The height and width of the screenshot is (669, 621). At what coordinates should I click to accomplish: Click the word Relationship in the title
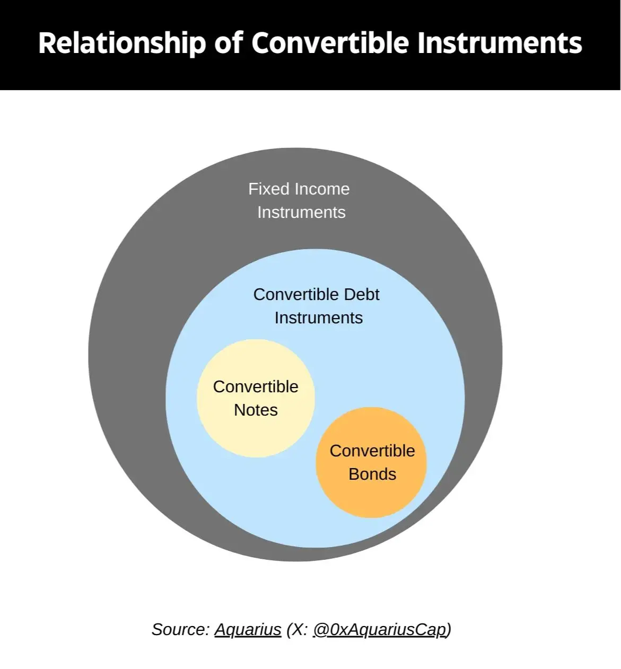pos(122,43)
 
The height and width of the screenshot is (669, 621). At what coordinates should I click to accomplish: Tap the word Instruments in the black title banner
pos(500,43)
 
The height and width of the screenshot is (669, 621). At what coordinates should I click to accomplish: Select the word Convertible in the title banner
pos(330,43)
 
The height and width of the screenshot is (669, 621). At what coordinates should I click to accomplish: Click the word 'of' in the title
pos(229,43)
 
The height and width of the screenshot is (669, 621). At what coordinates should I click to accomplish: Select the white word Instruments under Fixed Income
pos(301,212)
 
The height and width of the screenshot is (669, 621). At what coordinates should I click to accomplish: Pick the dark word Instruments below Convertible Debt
pos(319,318)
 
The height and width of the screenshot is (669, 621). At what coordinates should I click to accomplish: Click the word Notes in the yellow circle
pos(256,410)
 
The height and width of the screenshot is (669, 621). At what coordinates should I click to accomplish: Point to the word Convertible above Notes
pos(256,386)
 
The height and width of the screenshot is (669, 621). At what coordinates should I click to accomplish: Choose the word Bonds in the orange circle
pos(372,474)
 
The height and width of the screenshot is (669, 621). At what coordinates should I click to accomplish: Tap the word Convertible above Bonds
pos(372,451)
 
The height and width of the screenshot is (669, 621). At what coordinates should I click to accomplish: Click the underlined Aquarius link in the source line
pos(248,629)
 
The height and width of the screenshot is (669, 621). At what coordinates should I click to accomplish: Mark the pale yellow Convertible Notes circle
pos(256,398)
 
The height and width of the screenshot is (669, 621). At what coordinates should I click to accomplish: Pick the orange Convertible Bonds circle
pos(371,462)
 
